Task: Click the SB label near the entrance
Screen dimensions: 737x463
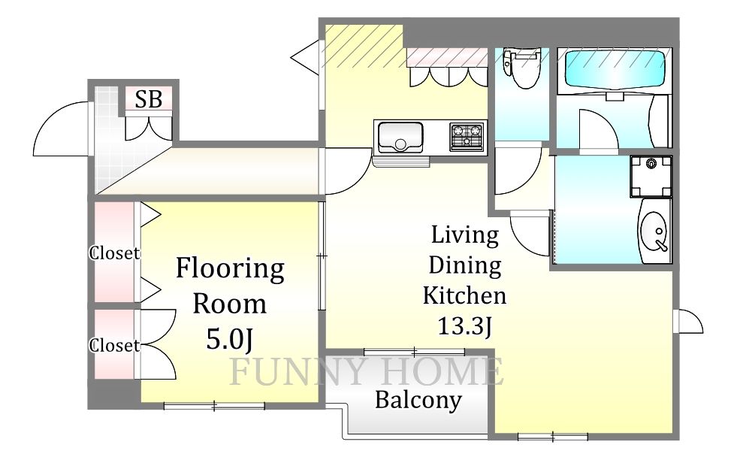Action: [x=149, y=99]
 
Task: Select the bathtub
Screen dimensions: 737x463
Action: [x=615, y=69]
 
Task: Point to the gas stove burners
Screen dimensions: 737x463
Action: [x=467, y=136]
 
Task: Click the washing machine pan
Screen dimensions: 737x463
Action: [x=651, y=177]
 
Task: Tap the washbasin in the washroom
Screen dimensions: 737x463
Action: [x=654, y=230]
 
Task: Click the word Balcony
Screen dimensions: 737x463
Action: [x=418, y=401]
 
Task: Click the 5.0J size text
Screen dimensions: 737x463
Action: [x=230, y=338]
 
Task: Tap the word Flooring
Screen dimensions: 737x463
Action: [x=230, y=270]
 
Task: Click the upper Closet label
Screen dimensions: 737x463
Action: [x=114, y=253]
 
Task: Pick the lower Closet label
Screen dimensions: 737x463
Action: [x=114, y=346]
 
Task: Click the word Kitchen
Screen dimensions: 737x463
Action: [x=464, y=295]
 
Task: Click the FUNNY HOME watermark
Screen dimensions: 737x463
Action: [x=366, y=371]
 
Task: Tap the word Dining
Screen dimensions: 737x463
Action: [x=464, y=266]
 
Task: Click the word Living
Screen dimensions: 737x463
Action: [x=464, y=235]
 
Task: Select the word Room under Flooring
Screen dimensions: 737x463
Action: [x=230, y=304]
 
